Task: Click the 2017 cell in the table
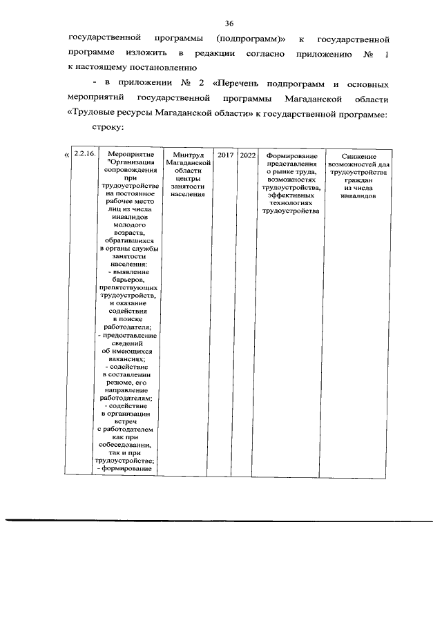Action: click(225, 155)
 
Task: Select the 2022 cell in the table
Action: click(247, 155)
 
